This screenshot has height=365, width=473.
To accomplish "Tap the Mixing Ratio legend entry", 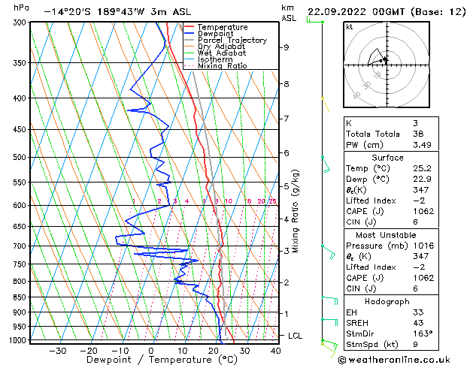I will coord(222,66).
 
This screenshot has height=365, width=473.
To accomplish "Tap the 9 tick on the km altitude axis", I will coord(287,47).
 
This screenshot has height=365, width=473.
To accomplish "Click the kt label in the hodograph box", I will coord(349,27).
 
